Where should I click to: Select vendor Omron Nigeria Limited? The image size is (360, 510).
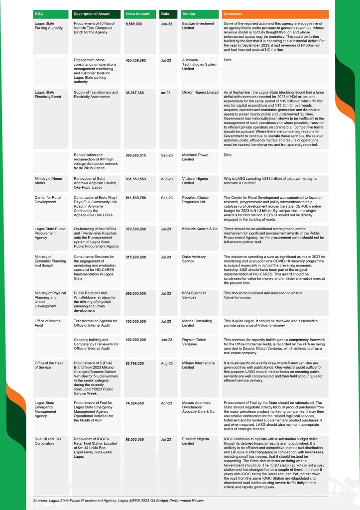(200, 92)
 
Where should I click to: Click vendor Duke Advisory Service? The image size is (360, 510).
(195, 259)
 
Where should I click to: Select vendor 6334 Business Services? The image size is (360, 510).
(194, 295)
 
